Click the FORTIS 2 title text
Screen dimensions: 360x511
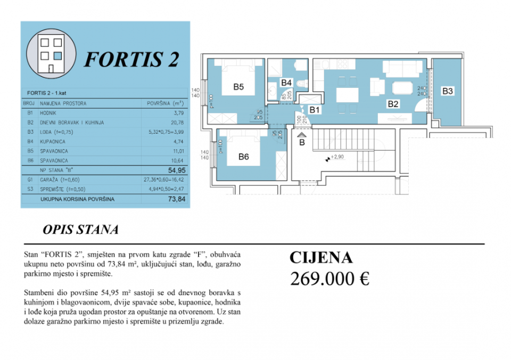click(x=131, y=59)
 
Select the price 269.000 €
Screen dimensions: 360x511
click(x=329, y=278)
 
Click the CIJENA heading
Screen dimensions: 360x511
click(x=321, y=258)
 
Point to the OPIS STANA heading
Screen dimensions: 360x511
click(x=80, y=230)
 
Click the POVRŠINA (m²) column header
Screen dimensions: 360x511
click(x=165, y=103)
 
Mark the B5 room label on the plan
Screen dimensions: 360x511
click(x=238, y=87)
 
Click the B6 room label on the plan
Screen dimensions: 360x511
click(x=244, y=157)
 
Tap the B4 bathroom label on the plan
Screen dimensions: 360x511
click(x=286, y=83)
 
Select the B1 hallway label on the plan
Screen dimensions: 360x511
click(x=315, y=110)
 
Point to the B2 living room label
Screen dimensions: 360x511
click(x=393, y=104)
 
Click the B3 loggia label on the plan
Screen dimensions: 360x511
click(x=448, y=91)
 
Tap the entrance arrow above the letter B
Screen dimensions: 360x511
click(x=302, y=135)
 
